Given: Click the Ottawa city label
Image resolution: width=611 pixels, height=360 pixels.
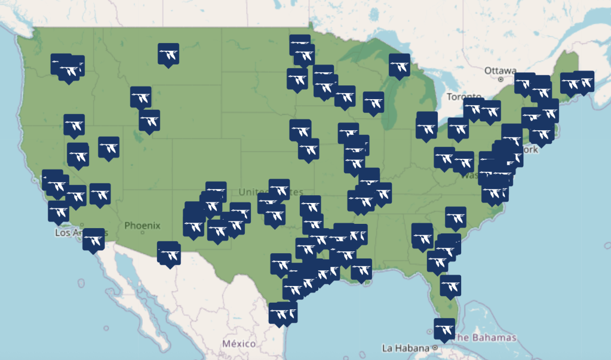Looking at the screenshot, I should coord(500,70).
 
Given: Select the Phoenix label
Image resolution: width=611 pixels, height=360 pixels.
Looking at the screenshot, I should coord(142,226).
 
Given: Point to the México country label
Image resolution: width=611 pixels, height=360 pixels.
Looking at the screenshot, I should coord(238,344).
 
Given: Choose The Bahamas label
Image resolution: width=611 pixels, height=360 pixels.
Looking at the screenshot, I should coord(484,337).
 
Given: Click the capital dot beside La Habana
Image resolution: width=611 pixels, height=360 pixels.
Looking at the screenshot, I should coord(435,347).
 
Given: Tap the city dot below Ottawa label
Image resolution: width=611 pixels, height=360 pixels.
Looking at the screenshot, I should coord(501,79).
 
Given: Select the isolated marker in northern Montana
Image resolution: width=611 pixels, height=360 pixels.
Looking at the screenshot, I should coord(168,54).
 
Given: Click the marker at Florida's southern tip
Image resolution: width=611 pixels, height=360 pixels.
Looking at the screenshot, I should coord(444,329).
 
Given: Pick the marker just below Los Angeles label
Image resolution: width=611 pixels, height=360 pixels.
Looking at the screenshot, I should coord(93,239).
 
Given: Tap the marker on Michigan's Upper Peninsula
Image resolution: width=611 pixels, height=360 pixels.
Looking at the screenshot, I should coord(399,65).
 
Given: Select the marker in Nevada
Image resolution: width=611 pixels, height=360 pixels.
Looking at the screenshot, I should coord(108,147).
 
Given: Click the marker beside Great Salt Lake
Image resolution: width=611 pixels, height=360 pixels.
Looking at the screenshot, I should coord(149,120).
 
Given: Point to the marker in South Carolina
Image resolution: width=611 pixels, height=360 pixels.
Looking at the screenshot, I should coord(455,218).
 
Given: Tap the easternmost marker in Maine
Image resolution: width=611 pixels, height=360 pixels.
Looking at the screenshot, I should coord(584,81).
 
